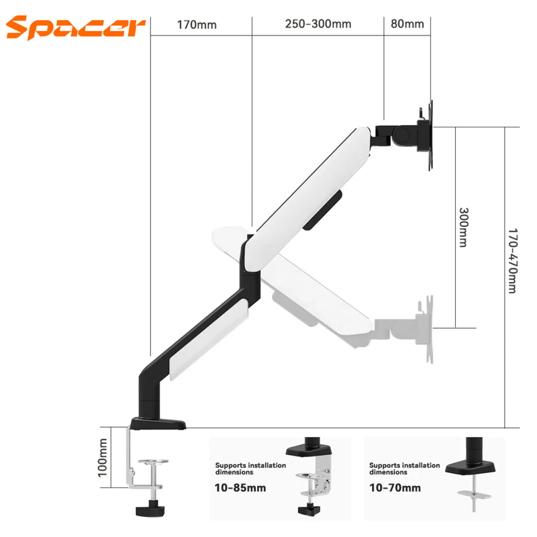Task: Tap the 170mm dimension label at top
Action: tap(197, 25)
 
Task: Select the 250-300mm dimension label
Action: tap(318, 25)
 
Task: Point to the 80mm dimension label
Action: tap(407, 25)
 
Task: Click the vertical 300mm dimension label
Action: tap(462, 227)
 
